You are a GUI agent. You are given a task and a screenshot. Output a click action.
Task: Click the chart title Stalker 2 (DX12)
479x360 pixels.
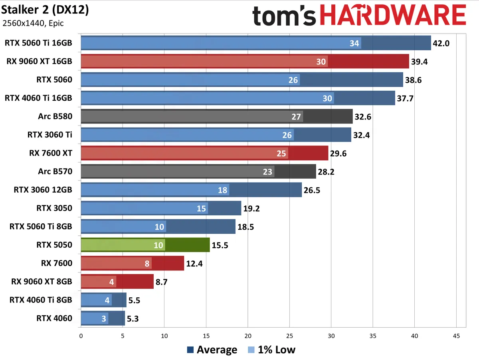pos(45,10)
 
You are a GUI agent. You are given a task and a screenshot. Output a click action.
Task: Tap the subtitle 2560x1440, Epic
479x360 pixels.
pos(33,23)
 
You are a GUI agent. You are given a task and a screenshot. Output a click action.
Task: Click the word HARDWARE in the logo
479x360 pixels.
pos(392,16)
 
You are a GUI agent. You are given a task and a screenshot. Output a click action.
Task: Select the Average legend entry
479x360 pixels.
pos(212,350)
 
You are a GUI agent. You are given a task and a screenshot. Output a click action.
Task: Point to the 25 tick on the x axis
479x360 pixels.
pos(289,336)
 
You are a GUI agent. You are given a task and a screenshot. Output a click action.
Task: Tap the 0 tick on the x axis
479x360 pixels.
pos(81,336)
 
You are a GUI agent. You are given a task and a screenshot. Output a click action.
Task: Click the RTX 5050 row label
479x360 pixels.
pos(54,245)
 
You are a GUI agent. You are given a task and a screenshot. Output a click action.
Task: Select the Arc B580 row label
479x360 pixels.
pos(55,116)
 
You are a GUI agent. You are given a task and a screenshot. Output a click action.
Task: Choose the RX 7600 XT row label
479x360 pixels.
pos(51,153)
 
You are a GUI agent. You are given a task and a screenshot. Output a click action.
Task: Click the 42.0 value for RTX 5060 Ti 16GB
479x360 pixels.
pos(441,43)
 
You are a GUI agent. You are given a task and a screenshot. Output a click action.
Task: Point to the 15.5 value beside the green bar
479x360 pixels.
pos(220,245)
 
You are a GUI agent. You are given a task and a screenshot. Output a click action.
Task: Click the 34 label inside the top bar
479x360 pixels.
pos(354,43)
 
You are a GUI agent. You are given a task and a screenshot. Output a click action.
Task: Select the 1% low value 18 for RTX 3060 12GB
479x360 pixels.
pos(223,190)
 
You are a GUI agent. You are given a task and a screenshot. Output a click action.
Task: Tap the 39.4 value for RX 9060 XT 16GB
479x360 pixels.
pos(419,62)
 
